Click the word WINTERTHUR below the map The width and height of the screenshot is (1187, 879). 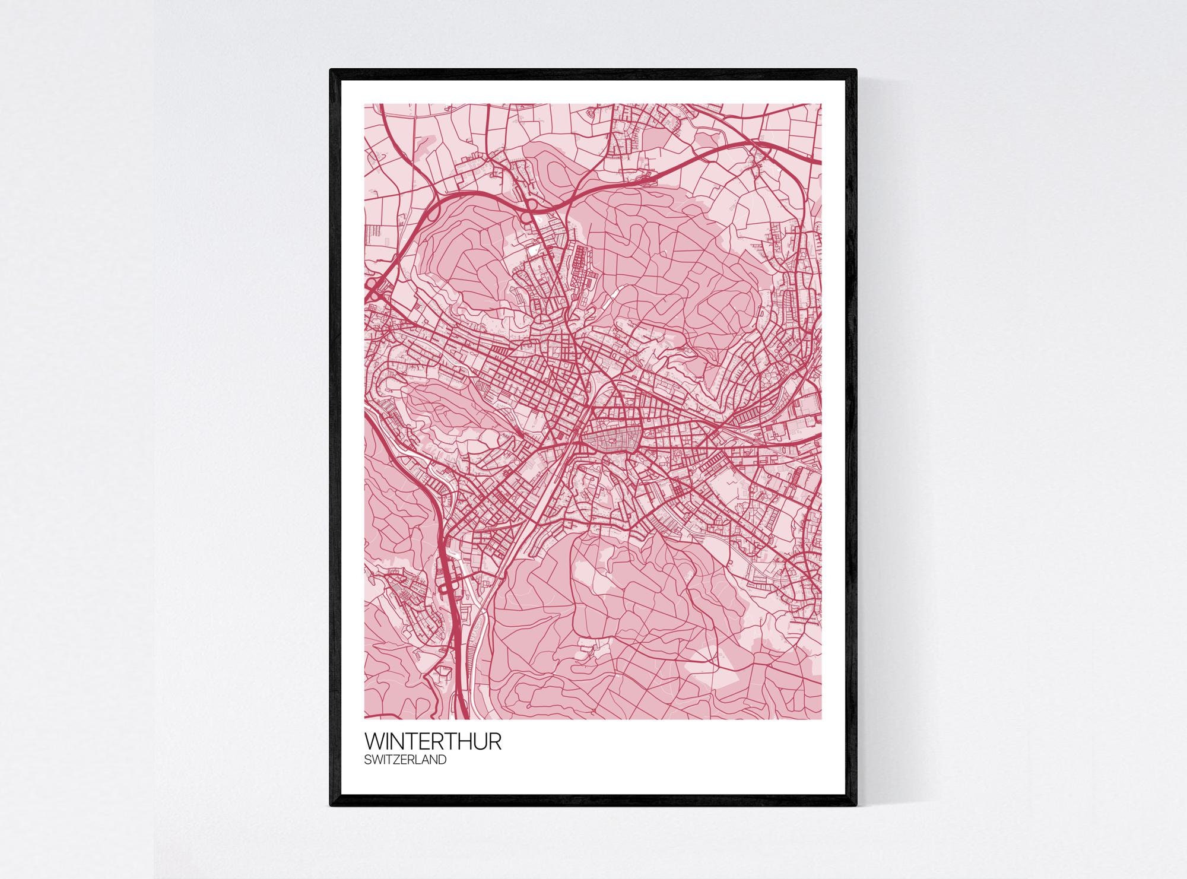433,741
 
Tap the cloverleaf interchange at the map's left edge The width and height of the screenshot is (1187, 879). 374,289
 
